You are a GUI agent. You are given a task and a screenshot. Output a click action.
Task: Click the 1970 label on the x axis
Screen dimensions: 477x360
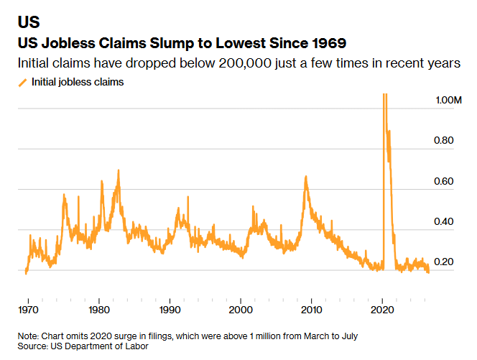28,310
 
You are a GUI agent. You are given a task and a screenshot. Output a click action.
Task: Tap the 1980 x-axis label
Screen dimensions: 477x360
99,310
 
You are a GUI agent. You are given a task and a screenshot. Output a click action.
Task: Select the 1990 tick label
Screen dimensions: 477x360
170,310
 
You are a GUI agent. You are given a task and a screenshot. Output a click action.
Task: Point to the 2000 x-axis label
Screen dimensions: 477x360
241,310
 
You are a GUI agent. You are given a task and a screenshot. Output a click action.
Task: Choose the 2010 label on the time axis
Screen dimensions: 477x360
312,310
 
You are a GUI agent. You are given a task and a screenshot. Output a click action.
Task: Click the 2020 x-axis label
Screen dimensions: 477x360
382,310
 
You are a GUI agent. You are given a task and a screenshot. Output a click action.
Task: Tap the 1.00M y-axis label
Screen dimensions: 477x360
448,100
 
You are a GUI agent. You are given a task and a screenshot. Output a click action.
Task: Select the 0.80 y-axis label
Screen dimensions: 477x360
443,140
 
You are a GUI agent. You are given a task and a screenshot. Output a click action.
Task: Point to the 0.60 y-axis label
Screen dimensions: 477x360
443,181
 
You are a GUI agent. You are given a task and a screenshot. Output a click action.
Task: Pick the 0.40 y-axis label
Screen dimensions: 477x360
443,221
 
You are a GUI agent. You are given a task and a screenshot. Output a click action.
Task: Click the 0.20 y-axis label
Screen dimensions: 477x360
443,262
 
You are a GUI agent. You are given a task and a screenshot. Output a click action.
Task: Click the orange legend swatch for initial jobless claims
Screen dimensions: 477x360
22,83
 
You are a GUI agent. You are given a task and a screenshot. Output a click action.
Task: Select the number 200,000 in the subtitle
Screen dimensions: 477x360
245,63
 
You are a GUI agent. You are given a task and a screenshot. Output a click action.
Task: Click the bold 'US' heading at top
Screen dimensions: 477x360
29,22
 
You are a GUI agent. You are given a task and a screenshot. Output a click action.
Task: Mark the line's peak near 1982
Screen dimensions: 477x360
119,170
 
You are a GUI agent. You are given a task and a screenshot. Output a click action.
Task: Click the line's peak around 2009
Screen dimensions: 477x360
306,177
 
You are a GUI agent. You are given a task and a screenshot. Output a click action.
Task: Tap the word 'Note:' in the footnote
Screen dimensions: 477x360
28,336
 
